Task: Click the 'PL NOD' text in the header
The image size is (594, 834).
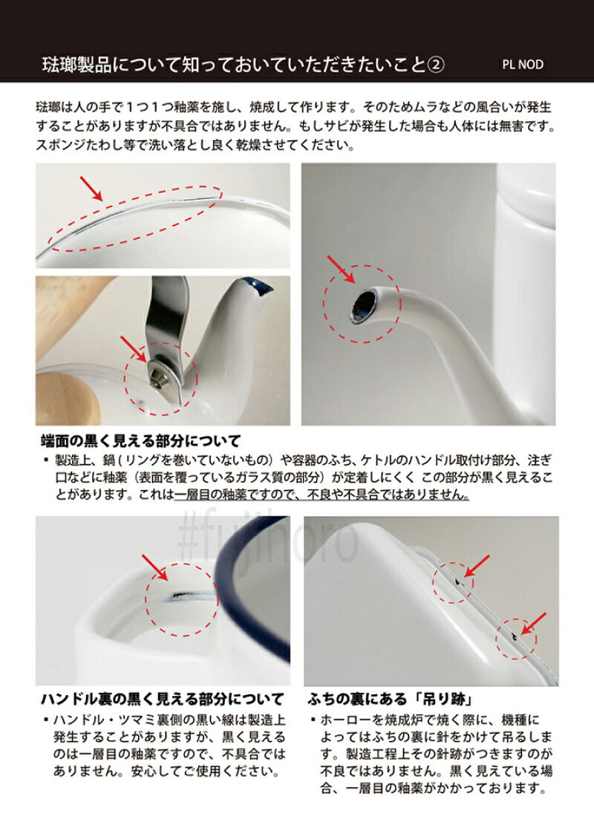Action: coord(523,65)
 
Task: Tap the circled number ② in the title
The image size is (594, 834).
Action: coord(436,64)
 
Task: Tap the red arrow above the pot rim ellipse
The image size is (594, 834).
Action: coord(92,189)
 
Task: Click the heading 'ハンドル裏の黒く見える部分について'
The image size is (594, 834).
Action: coord(161,699)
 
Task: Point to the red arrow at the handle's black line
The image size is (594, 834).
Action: coord(154,567)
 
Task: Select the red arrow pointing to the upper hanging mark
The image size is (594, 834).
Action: coord(476,567)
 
